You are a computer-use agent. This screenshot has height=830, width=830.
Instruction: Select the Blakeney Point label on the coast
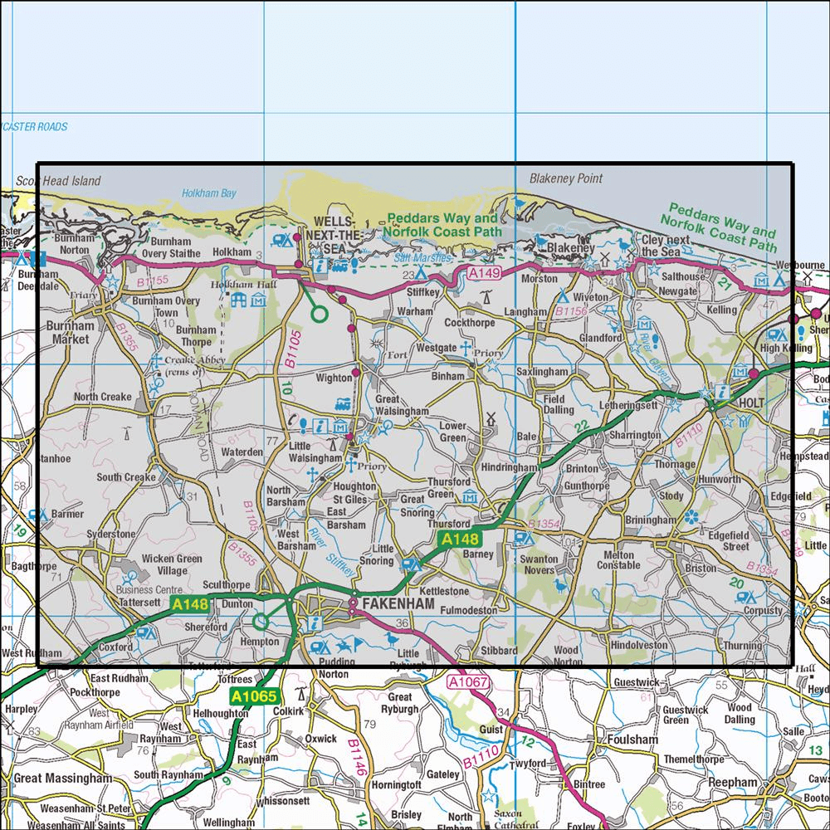[566, 178]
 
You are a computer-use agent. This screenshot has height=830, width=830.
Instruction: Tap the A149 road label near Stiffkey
[483, 273]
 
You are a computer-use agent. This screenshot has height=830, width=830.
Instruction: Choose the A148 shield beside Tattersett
[190, 605]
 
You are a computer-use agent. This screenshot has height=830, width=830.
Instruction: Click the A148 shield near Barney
[458, 540]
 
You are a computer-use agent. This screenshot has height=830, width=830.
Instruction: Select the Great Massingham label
[62, 779]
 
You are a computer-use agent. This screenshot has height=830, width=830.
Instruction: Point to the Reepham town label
[733, 783]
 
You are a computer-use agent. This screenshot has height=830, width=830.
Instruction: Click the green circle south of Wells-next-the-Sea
[318, 313]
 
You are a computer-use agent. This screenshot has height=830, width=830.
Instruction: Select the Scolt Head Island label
[58, 181]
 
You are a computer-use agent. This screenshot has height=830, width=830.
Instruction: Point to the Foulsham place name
[632, 740]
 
